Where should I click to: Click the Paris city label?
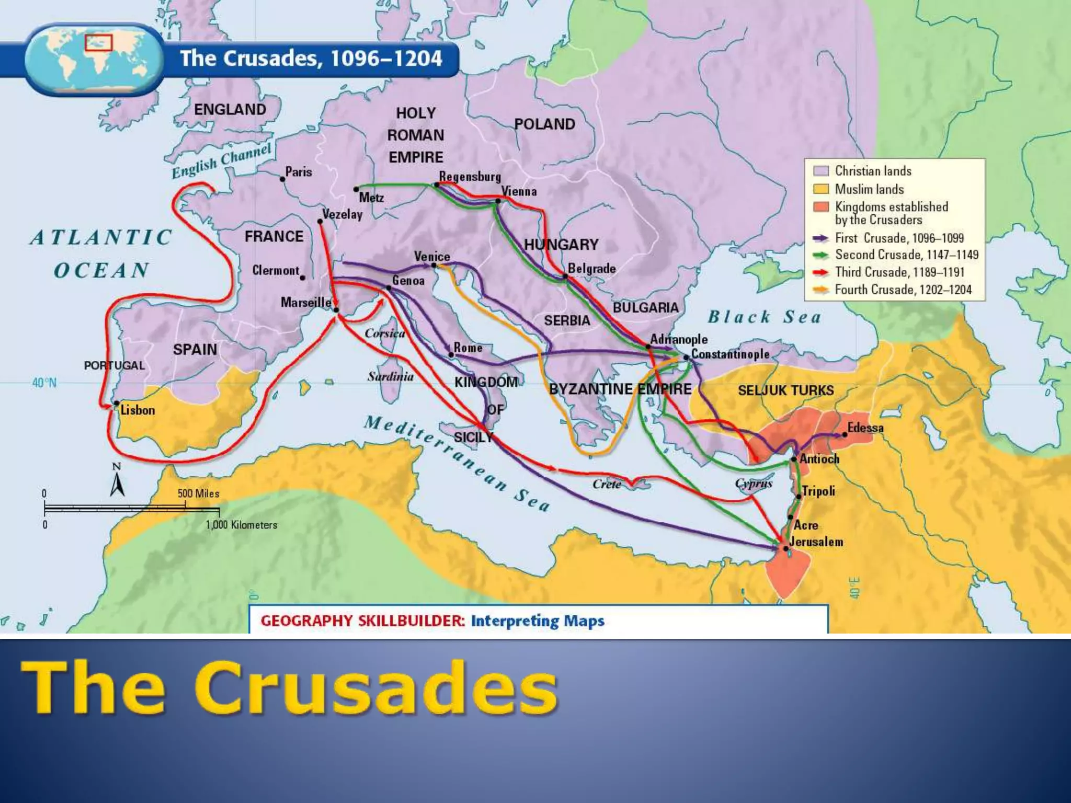299,171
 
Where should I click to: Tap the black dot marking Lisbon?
117,403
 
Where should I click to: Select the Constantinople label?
730,354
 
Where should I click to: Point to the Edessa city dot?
844,434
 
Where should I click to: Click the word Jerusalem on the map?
816,542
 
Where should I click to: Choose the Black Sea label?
764,317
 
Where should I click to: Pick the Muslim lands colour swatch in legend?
821,189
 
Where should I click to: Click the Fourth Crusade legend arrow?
821,290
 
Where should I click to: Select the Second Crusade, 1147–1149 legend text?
906,255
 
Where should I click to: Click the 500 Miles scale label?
198,494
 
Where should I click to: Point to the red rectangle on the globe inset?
99,42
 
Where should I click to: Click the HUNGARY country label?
561,244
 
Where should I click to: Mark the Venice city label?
432,256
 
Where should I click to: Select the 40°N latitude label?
44,383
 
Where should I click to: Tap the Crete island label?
607,484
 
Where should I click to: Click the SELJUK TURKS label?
785,390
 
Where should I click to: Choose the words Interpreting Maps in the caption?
538,621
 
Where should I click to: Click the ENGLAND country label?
230,109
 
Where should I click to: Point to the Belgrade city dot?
565,276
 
